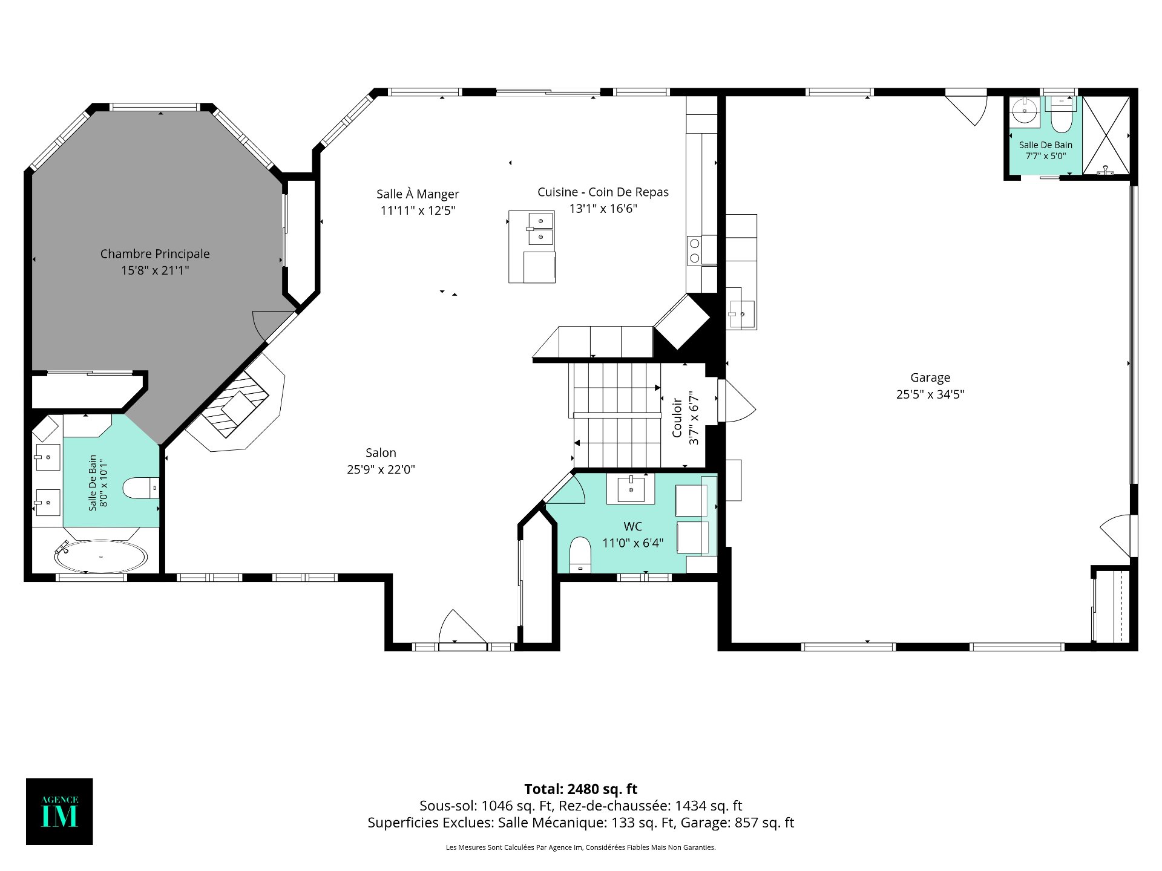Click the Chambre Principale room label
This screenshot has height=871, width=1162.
click(x=155, y=254)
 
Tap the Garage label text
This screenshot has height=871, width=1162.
click(x=930, y=377)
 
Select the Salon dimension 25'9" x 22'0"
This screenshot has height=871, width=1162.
click(x=381, y=469)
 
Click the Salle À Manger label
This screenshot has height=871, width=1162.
click(x=418, y=194)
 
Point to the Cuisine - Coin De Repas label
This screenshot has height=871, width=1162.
click(x=603, y=192)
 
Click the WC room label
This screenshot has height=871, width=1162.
click(x=632, y=526)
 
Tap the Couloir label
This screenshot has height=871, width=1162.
click(x=677, y=417)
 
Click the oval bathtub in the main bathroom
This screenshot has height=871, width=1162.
click(x=100, y=556)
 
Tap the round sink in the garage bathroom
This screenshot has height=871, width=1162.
click(x=1024, y=111)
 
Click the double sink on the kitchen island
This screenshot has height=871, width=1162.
click(x=540, y=229)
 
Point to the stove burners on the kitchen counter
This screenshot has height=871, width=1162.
click(x=695, y=250)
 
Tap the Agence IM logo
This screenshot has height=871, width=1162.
click(x=59, y=811)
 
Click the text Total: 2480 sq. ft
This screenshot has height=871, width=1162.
click(x=580, y=789)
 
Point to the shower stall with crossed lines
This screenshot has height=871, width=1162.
click(x=1106, y=135)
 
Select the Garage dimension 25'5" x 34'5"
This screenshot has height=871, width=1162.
click(x=930, y=394)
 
